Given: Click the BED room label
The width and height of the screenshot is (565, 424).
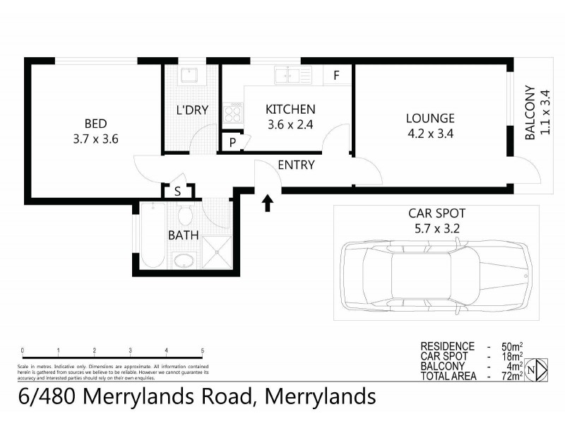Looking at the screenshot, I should click(95, 122).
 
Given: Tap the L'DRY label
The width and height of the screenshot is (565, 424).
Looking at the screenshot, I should click(192, 110).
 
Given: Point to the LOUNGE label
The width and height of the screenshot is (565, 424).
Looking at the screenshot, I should click(430, 118).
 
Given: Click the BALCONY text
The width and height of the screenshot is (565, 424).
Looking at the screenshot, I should click(530, 114).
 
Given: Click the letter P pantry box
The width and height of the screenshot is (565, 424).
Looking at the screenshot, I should click(232, 142).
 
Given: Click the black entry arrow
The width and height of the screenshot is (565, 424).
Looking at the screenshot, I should click(268, 204).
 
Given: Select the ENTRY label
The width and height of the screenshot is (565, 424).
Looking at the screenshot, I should click(296, 165).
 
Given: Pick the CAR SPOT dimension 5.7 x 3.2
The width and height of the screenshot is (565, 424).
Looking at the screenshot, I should click(436, 228).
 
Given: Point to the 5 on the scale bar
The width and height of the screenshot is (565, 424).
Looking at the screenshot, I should click(203, 351).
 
